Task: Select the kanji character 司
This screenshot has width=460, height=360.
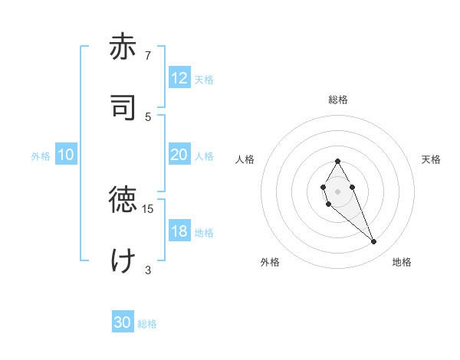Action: point(123,107)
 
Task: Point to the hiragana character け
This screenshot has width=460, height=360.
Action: point(123,260)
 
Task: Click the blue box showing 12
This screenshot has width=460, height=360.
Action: point(179,78)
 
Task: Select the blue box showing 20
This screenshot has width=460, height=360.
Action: point(179,155)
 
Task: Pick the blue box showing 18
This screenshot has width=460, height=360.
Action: point(179,231)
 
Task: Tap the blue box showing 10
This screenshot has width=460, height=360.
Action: point(66,155)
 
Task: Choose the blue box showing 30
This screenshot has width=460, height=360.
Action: point(123,322)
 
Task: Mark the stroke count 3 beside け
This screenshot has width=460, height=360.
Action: point(148,269)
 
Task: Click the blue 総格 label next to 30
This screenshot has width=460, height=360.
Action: point(147,324)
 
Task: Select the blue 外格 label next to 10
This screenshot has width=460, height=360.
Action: point(41,156)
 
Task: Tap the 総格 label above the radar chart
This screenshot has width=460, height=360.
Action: point(337,100)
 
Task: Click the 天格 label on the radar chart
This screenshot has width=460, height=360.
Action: point(431,159)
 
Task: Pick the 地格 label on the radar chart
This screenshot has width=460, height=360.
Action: point(402,262)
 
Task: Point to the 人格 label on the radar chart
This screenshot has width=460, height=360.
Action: point(245,159)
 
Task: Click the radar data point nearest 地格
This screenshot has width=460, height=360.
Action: point(374,242)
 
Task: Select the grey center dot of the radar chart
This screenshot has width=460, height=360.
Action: point(337,190)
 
